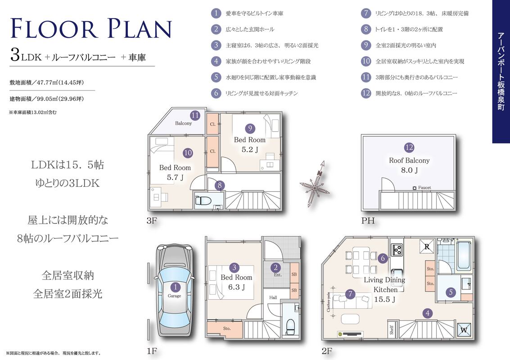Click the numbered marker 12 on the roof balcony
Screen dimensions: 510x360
coord(409,148)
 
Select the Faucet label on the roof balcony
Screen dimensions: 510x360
coord(424,188)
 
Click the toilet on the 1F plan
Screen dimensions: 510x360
coord(290,327)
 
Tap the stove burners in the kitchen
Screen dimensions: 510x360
coord(397,250)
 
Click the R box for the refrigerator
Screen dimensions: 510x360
coord(427,247)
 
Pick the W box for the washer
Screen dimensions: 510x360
coord(464,330)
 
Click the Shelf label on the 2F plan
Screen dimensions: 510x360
coord(392,330)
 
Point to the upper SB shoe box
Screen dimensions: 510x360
coord(294,274)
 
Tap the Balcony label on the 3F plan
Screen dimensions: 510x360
coord(184,123)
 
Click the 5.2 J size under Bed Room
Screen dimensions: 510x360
coord(250,149)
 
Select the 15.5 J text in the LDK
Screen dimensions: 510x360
coord(384,300)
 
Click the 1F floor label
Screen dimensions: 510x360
coord(152,351)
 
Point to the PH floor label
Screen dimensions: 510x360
coord(368,221)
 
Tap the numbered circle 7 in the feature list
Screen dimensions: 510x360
coord(366,13)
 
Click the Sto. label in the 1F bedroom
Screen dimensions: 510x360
coord(227,328)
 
